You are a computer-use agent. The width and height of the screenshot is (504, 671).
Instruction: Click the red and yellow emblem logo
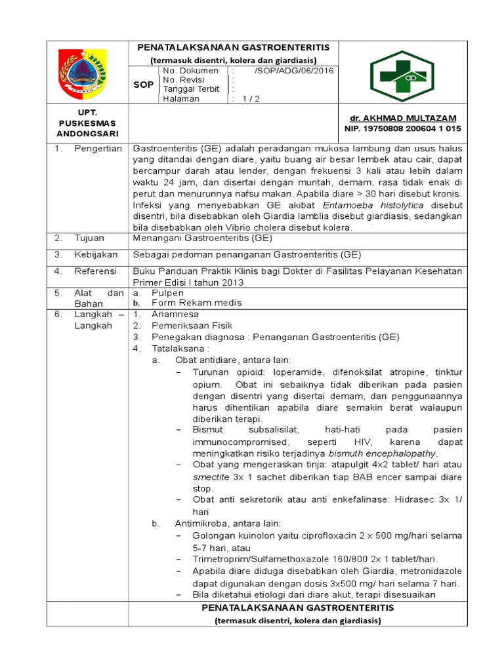tap(87, 71)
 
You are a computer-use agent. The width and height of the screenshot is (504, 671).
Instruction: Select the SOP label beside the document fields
tap(143, 85)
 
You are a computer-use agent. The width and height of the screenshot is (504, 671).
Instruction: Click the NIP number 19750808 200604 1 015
tap(403, 128)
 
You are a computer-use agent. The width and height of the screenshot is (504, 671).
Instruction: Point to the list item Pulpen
tap(167, 293)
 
